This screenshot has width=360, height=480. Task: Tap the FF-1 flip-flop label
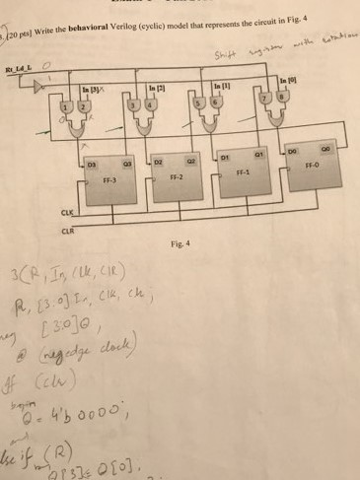[244, 171]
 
